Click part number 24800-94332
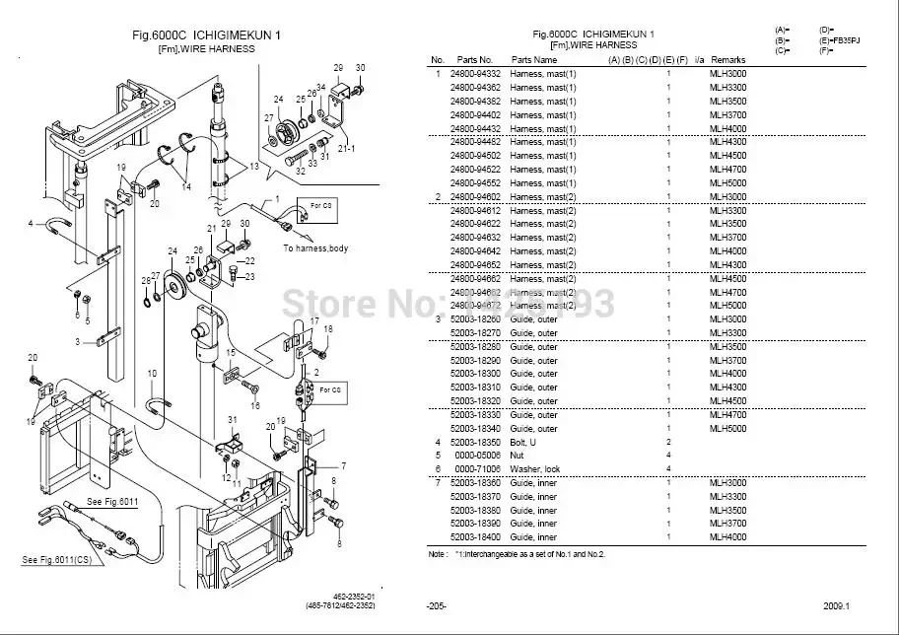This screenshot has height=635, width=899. click(474, 74)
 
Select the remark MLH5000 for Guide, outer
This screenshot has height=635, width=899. click(727, 428)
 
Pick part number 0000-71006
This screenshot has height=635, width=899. click(474, 468)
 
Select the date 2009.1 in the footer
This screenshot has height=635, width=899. click(836, 604)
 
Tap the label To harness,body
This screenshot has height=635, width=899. click(315, 248)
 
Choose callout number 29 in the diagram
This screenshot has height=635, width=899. click(337, 67)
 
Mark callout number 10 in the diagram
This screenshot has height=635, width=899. click(152, 373)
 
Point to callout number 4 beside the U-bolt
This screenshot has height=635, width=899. click(31, 222)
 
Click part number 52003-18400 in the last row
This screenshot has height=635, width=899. click(474, 537)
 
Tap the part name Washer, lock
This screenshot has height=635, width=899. click(533, 468)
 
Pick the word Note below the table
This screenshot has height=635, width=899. click(437, 554)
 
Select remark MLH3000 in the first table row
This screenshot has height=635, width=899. click(727, 74)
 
